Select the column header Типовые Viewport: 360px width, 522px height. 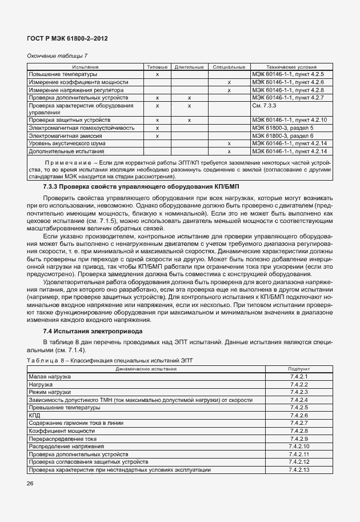tap(157, 67)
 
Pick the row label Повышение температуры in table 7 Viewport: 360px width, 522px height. tap(63, 74)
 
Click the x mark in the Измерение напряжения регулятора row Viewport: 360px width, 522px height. tap(229, 90)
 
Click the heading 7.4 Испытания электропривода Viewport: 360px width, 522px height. tap(93, 331)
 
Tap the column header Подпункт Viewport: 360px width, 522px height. tap(299, 369)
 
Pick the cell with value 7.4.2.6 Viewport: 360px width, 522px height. tap(299, 415)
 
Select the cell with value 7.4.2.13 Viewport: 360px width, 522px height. tap(299, 469)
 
